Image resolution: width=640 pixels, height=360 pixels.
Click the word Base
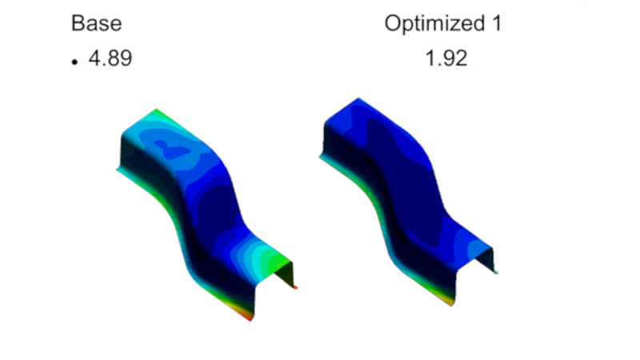(96, 23)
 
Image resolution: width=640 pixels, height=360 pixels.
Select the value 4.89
(110, 58)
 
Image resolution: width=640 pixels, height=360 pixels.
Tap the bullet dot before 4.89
(74, 62)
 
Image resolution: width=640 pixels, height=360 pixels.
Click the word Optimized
(434, 23)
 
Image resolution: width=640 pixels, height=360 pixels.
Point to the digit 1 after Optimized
(497, 23)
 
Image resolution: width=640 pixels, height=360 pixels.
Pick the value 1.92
(446, 58)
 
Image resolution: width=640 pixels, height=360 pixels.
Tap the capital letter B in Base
(78, 23)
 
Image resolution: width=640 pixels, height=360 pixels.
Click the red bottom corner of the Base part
(249, 316)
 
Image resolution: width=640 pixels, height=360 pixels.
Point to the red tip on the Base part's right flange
(295, 287)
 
